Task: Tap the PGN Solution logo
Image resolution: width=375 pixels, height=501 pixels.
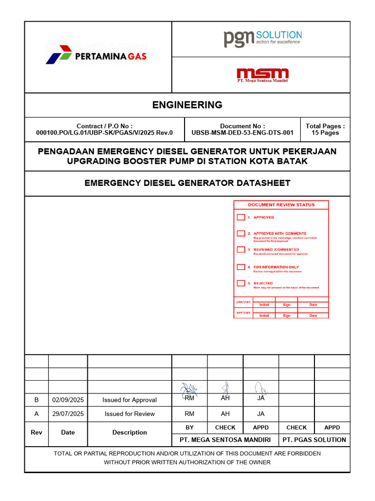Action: [263, 38]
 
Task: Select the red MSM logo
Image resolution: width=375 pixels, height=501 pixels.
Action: [263, 74]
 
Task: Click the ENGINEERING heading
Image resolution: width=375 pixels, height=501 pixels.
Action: [187, 105]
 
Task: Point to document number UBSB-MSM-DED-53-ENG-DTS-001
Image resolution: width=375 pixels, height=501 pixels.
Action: [243, 133]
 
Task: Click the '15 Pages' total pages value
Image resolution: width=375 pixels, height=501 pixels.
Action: [325, 133]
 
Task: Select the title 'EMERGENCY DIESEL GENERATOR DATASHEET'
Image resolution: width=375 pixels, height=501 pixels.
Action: [187, 183]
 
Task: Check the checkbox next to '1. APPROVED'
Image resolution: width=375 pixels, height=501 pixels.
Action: [241, 217]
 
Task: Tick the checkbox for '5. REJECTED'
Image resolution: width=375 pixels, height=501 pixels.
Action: [241, 283]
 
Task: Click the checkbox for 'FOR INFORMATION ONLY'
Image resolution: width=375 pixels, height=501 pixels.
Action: [241, 267]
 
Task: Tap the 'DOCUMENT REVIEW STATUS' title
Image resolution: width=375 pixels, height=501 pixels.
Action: [281, 205]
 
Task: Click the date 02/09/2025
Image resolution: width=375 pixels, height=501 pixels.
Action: [68, 400]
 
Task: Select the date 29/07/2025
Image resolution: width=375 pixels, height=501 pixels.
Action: [68, 413]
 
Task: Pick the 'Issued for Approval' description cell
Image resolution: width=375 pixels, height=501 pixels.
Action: [129, 400]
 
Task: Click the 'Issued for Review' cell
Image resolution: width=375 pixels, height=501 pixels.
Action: [129, 413]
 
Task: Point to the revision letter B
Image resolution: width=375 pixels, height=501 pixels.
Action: [36, 400]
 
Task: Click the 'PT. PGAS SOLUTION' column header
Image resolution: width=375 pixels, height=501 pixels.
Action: [314, 439]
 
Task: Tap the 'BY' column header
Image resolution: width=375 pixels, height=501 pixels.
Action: [189, 427]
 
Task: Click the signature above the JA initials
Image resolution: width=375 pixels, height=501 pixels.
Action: [261, 389]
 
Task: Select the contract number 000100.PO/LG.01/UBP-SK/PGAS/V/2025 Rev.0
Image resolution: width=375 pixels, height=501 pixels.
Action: [104, 133]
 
